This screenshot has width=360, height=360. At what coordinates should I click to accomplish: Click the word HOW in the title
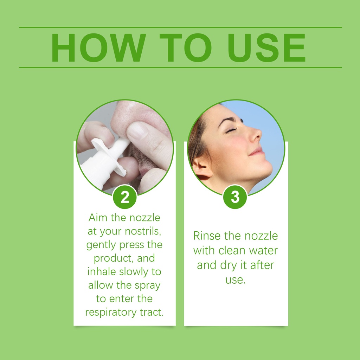pyautogui.click(x=99, y=48)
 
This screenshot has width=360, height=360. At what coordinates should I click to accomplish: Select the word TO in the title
pyautogui.click(x=185, y=48)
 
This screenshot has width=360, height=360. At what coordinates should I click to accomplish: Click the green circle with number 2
pyautogui.click(x=125, y=197)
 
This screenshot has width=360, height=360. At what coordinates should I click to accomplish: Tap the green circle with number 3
pyautogui.click(x=235, y=197)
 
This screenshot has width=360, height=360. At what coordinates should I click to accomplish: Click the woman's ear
pyautogui.click(x=200, y=168)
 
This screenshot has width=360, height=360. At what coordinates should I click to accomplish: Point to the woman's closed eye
pyautogui.click(x=231, y=130)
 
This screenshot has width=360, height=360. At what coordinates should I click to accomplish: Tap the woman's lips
pyautogui.click(x=257, y=152)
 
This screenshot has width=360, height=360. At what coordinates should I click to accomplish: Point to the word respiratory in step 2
pyautogui.click(x=111, y=313)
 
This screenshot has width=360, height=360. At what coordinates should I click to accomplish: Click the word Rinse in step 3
pyautogui.click(x=207, y=236)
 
